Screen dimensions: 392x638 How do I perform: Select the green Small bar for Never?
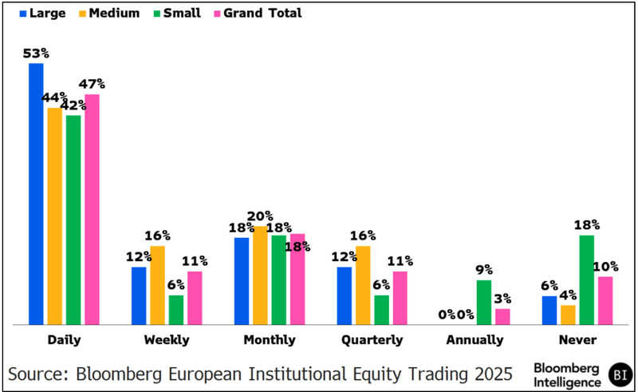coord(586,280)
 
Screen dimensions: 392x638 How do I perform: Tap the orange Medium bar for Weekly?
coord(157,285)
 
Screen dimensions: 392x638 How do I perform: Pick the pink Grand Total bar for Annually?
coord(502,316)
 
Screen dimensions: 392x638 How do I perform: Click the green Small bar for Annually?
coord(483,303)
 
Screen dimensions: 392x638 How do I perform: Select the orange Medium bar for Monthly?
coord(260,275)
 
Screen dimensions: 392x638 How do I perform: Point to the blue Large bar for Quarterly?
coord(344,295)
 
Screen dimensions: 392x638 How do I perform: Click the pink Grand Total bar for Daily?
coord(92,209)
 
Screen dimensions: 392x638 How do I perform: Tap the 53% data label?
coord(37,53)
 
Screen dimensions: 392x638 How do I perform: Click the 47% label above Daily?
coord(92,84)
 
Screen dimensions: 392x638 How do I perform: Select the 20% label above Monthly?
coord(260,216)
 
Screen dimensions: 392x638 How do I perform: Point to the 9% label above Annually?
coord(484,270)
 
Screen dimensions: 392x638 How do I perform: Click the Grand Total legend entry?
coord(262,13)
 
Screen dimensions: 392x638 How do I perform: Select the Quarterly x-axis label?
coord(372,339)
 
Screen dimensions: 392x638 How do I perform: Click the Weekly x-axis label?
coord(167,339)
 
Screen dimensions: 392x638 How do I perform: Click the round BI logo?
coord(618,373)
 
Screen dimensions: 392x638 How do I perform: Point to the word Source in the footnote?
coord(39,373)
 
